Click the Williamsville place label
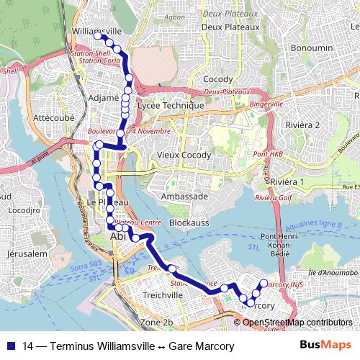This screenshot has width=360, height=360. click(97, 32)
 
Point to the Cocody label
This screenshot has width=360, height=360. click(218, 79)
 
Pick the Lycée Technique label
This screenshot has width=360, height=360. click(171, 105)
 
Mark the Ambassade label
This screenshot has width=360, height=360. click(185, 196)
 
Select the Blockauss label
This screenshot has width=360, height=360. click(189, 223)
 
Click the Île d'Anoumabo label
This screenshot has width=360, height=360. click(333, 273)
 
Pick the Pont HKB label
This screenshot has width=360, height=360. click(268, 154)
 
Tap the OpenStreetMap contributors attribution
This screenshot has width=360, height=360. click(297, 323)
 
